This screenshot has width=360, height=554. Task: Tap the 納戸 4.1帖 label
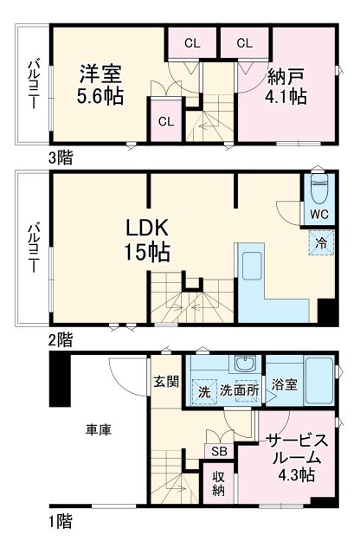(x=285, y=84)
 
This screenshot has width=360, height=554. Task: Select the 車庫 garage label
(x=97, y=428)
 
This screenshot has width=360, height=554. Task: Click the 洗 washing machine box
(x=203, y=390)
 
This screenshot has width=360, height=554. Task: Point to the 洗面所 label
(x=238, y=390)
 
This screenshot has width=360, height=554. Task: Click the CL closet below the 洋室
(x=165, y=120)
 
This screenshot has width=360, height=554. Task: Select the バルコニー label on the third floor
(x=33, y=83)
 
